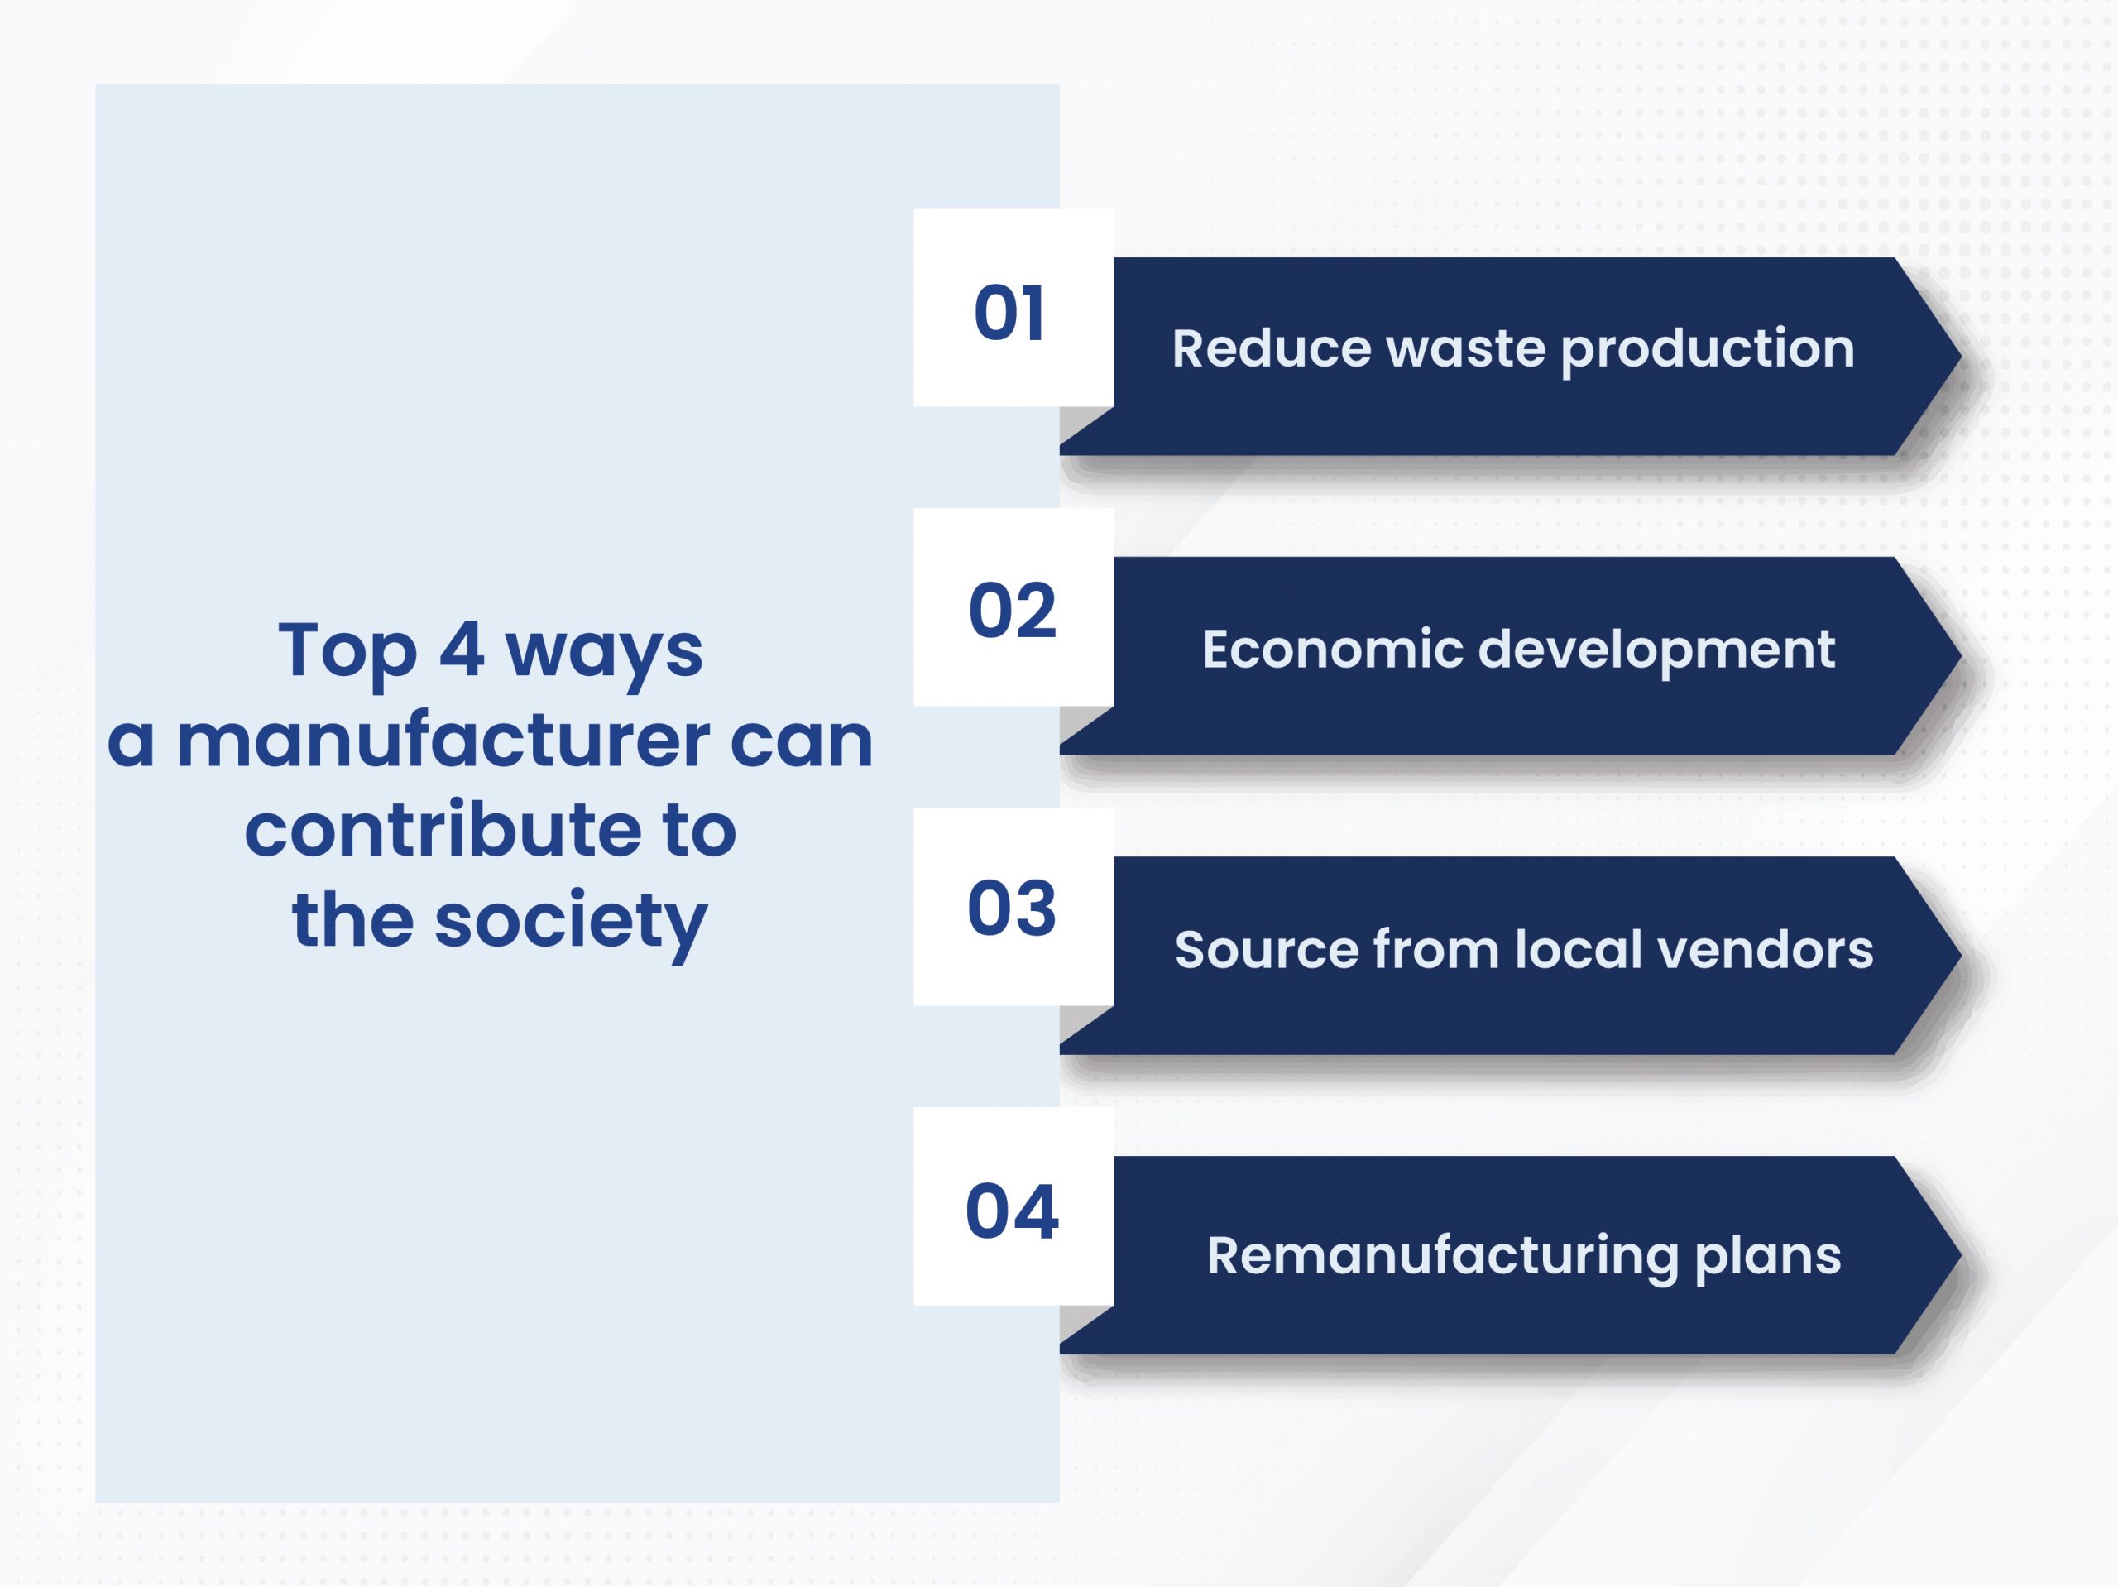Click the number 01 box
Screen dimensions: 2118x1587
point(1013,308)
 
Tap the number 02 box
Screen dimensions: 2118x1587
point(1013,607)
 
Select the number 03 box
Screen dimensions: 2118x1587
point(1013,907)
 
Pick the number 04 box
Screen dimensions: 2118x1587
point(1013,1206)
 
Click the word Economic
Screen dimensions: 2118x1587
point(1333,650)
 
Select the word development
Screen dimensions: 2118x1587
point(1656,651)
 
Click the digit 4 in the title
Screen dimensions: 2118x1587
point(462,650)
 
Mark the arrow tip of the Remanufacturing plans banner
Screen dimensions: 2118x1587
point(1960,1254)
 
